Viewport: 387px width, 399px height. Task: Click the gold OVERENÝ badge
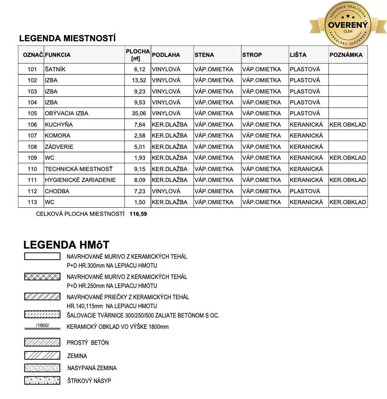coord(348,24)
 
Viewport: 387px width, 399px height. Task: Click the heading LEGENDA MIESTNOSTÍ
coord(67,38)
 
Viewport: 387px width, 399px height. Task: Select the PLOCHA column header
coord(138,55)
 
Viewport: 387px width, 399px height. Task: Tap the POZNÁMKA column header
coord(346,55)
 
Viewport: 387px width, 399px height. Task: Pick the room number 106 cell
coord(32,125)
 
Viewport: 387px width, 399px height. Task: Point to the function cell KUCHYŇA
coord(59,125)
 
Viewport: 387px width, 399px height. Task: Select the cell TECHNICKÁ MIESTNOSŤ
coord(78,169)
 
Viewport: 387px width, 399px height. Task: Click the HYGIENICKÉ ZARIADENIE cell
coord(80,180)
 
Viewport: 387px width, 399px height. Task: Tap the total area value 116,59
coord(138,214)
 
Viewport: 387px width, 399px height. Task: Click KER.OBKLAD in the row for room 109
coord(348,158)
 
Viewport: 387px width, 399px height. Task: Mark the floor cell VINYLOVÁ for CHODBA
coord(166,191)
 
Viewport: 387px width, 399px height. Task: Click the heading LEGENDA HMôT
coord(66,245)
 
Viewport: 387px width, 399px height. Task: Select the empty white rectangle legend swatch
coord(42,256)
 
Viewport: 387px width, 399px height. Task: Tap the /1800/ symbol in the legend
coord(42,326)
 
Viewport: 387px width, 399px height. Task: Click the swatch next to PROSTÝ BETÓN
coord(42,343)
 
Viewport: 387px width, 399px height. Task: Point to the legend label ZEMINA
coord(77,356)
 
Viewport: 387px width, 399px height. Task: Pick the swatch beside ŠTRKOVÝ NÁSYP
coord(42,380)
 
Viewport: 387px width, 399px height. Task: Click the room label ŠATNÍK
coord(55,69)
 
